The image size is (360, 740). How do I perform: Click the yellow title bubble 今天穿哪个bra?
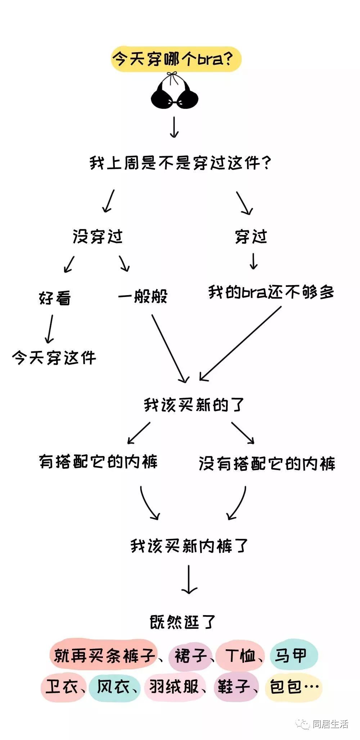176,59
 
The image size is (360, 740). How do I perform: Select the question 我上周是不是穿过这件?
180,163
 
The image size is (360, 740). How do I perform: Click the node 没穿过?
98,237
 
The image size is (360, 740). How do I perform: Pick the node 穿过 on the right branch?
251,236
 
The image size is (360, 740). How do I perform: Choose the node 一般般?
143,296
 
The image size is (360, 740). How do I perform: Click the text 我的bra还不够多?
271,292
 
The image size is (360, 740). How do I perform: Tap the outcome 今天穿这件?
54,358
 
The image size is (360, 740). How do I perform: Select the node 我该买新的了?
194,405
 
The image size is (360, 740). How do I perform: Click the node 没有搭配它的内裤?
267,464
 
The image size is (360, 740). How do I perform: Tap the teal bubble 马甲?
294,655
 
